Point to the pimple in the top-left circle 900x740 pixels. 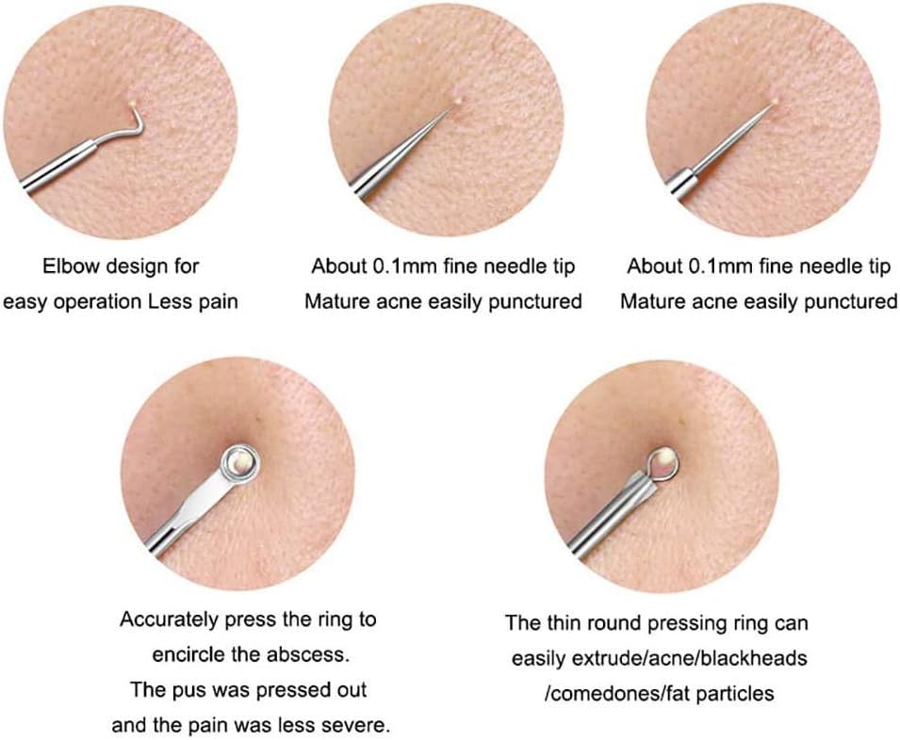click(x=133, y=104)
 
